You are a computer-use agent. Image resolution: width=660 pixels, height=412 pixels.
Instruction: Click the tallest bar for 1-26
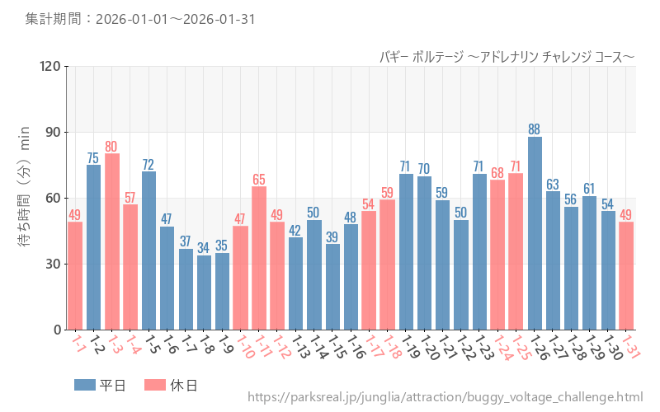coord(535,233)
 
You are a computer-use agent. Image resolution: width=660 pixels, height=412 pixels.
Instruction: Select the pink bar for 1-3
coord(112,241)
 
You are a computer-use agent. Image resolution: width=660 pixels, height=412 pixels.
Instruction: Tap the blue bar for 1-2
coord(94,247)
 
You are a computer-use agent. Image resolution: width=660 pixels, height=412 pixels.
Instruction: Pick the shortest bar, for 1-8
coord(204,293)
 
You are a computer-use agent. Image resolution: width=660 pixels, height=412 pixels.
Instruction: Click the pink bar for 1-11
coord(259,258)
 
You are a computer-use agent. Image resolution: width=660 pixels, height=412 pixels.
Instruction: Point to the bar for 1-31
coord(627,276)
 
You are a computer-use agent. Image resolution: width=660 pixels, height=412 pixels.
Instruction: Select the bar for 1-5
coord(148,250)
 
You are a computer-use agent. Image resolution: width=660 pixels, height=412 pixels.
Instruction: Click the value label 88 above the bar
coord(535,129)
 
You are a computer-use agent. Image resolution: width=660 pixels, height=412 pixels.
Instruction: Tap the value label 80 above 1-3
coord(112,147)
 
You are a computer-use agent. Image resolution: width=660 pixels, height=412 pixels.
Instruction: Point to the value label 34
coord(204,248)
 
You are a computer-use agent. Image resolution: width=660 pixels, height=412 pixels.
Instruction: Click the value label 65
coord(259,180)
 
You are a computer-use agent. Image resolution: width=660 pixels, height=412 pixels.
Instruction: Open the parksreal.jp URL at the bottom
coord(445,398)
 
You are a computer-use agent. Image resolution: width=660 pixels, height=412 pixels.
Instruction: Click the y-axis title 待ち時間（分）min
coord(25,198)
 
